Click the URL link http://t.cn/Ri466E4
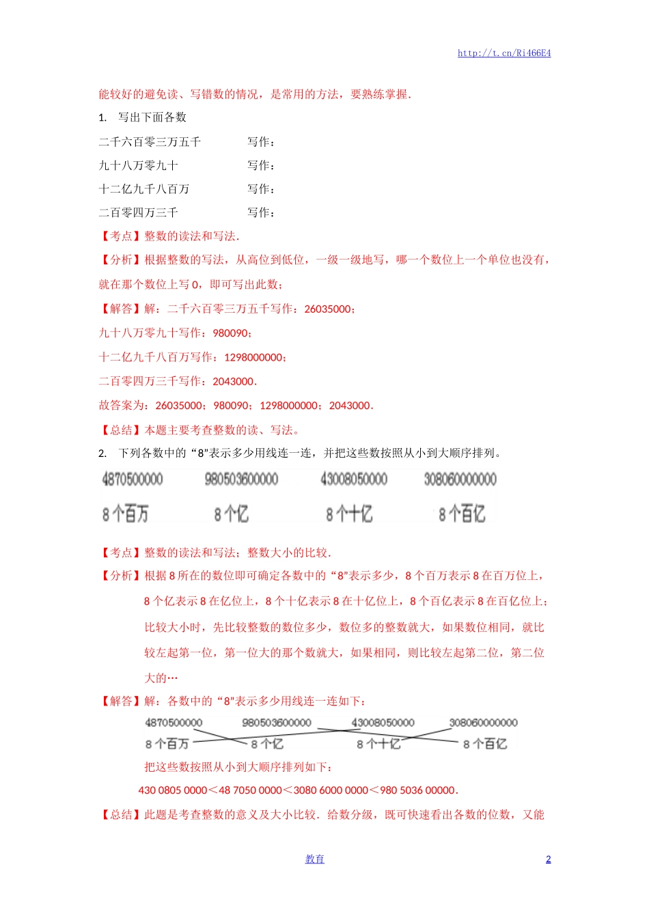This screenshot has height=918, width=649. pos(504,53)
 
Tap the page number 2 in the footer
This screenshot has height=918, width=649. pos(548,859)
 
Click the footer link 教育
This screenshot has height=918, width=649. pos(314,859)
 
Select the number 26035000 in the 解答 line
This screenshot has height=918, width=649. pos(329,309)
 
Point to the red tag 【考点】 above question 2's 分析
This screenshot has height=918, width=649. pos(121,553)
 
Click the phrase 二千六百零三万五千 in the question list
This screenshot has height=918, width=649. pos(150,142)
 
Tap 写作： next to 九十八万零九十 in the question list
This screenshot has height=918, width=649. pos(262,166)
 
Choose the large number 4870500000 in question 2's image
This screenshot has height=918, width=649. pos(133,479)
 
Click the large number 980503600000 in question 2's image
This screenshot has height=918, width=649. pos(241,479)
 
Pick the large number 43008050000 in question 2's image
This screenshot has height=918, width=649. pos(354,479)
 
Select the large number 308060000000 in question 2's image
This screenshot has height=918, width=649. pos(460,479)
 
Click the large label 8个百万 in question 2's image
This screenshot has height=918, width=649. pos(126,514)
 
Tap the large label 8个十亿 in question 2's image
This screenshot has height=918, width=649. pos(349,514)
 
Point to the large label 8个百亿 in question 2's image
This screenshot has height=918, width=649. pos(462,514)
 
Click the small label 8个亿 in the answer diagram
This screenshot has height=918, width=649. pos(267,744)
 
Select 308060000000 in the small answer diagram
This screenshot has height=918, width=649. pos(483,723)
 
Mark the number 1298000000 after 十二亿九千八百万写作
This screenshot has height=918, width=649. pos(253,357)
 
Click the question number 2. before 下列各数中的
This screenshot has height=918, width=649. pos(102,454)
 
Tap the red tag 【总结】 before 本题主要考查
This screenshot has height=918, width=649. pos(121,430)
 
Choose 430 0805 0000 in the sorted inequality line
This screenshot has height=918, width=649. pos(172,790)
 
